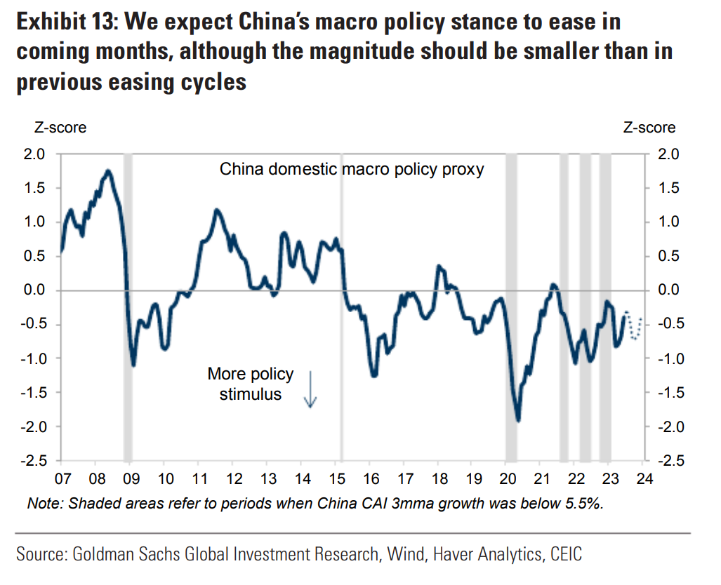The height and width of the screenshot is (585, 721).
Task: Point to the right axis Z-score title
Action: [x=649, y=128]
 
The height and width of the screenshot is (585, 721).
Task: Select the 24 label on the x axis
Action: [x=644, y=480]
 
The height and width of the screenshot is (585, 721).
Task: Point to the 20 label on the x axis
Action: [x=506, y=480]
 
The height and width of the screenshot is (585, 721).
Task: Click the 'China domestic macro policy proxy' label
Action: [x=352, y=170]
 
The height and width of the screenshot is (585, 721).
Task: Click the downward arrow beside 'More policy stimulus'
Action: [x=310, y=389]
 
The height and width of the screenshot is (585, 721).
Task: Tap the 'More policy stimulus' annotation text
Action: [x=251, y=384]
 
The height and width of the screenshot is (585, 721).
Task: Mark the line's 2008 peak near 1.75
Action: [x=108, y=170]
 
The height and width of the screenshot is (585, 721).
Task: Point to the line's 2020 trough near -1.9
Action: [x=518, y=419]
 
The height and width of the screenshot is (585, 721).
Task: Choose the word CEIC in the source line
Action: [x=563, y=554]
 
